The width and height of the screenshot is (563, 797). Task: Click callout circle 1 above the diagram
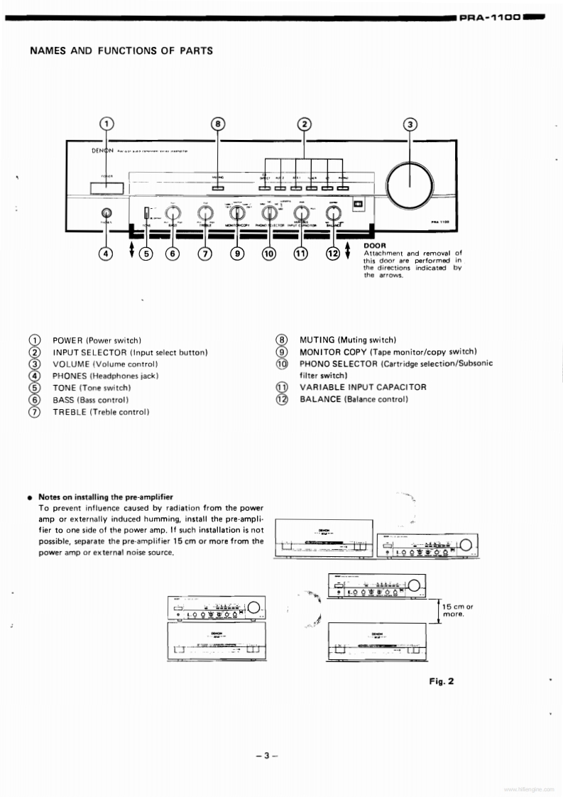pos(106,124)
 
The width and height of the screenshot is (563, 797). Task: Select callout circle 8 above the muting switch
pos(218,124)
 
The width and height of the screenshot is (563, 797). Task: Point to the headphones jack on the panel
pos(106,212)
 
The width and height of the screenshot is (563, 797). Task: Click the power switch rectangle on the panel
pos(106,188)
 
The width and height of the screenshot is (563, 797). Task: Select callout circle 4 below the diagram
pos(106,251)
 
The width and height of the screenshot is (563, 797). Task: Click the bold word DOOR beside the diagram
pos(374,245)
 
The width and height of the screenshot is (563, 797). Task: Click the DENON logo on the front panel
pos(103,151)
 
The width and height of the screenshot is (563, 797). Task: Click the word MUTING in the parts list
pos(318,340)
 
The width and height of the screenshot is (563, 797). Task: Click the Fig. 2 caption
pos(441,681)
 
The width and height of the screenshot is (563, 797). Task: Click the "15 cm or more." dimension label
pos(457,610)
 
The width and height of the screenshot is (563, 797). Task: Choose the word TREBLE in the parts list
pos(70,412)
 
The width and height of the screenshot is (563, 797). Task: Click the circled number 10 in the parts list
pos(283,364)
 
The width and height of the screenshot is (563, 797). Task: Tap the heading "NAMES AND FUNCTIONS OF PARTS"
pos(121,50)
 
